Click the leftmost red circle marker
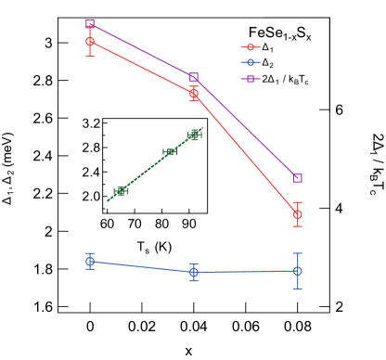pos(90,42)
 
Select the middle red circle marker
pos(194,94)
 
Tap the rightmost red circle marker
pos(297,214)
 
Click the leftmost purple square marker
pos(90,24)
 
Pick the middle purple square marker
pos(194,77)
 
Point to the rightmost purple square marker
pos(297,177)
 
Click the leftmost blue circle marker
pos(90,262)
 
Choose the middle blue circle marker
pos(194,272)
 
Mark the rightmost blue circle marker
pos(297,271)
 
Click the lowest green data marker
pos(121,191)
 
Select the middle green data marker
pos(170,152)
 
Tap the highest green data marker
pos(195,135)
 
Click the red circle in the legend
pos(250,47)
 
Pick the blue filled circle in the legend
pos(250,63)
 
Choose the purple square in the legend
pos(250,79)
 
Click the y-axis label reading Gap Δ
pos(7,186)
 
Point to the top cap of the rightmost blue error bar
pos(297,253)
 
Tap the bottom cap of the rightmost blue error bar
pos(297,289)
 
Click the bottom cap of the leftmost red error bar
pos(90,57)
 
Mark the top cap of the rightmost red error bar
pos(297,202)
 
